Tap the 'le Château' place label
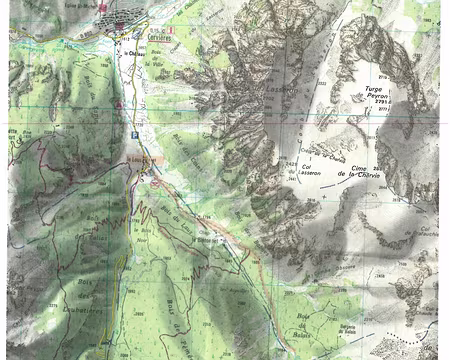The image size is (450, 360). pos(126,55)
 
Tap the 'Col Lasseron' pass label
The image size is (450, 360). pos(311,171)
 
